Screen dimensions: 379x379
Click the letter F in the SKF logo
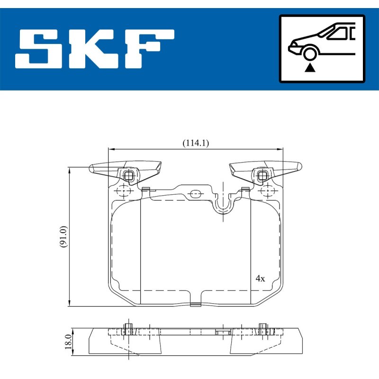point(149,49)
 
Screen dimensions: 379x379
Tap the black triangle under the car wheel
point(310,68)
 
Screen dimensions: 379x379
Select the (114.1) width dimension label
point(196,143)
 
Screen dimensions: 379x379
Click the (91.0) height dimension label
point(63,236)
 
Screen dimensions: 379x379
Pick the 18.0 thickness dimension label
point(68,342)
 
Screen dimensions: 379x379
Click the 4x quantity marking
point(260,279)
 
